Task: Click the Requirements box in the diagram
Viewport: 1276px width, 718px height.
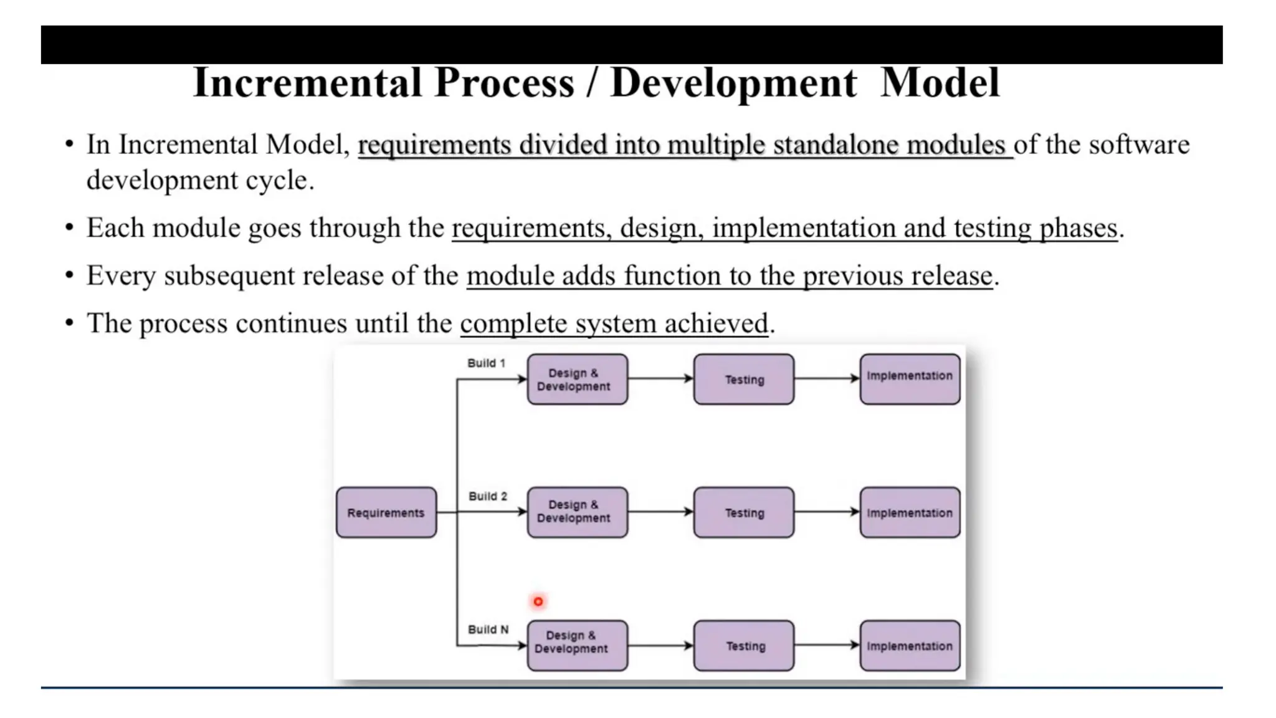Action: [386, 512]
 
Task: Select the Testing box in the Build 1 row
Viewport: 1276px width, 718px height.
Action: [743, 379]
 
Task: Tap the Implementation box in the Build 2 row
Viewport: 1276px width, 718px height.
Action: [909, 512]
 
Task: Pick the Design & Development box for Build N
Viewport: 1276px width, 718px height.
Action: [577, 645]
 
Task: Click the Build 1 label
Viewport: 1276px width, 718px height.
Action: [486, 363]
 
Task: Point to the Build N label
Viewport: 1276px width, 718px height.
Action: [488, 629]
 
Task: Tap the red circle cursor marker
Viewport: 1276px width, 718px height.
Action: [538, 601]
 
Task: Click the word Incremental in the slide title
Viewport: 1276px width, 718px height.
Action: [307, 83]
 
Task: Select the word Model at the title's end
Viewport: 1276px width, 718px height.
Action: [940, 83]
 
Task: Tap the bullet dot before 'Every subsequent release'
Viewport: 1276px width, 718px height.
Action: [69, 275]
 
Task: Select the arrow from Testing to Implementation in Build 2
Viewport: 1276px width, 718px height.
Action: [827, 512]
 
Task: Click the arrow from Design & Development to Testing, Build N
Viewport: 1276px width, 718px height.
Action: [660, 645]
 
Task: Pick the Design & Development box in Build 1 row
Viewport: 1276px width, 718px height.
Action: [577, 379]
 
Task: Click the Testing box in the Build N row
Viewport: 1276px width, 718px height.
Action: [743, 645]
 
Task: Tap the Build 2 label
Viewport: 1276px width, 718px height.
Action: [487, 496]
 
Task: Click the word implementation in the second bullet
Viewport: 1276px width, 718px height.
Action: [804, 228]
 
